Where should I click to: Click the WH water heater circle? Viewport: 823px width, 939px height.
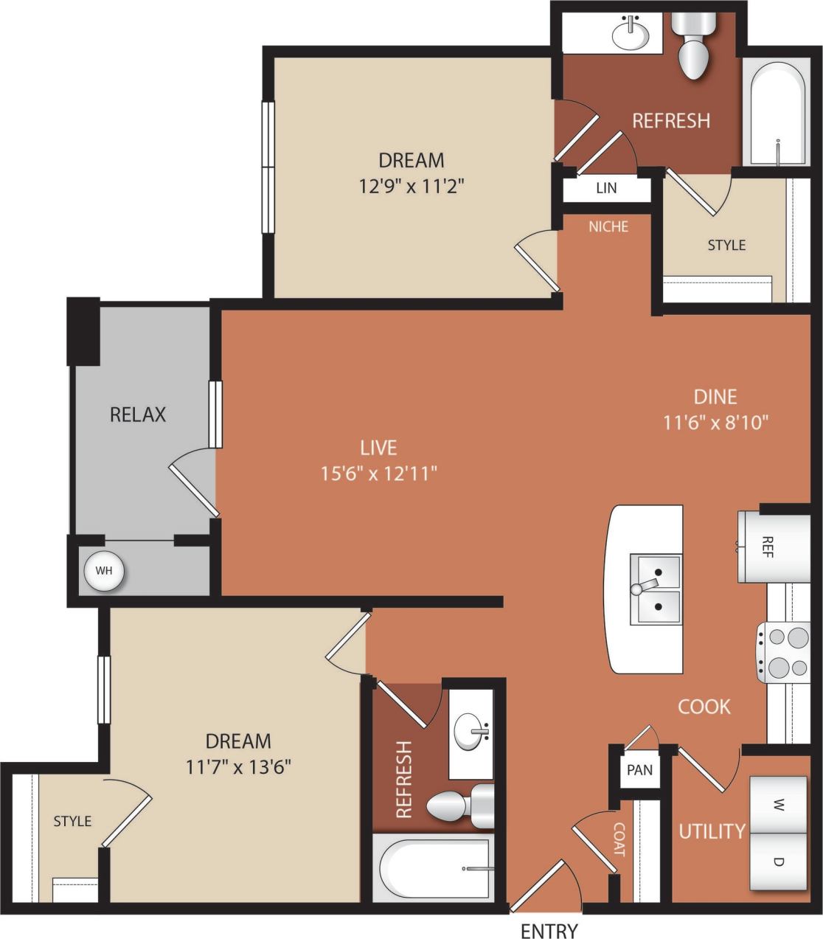click(103, 570)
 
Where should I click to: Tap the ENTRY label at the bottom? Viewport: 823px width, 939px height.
click(549, 930)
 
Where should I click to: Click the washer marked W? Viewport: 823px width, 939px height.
click(778, 803)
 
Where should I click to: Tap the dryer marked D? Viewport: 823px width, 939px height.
click(778, 861)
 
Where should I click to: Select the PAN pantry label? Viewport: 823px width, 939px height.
click(639, 770)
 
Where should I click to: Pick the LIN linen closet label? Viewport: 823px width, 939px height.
click(606, 187)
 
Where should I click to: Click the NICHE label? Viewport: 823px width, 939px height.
click(608, 226)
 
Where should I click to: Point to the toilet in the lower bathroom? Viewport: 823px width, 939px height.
click(457, 805)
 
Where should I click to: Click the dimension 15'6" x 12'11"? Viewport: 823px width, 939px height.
click(379, 473)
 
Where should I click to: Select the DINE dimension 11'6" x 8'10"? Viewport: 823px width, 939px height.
click(715, 422)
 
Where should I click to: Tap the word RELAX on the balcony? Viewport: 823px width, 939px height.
click(138, 415)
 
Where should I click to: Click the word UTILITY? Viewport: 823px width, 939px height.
click(712, 831)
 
